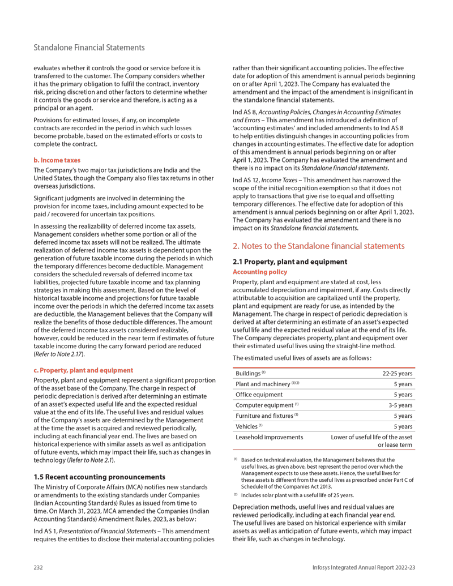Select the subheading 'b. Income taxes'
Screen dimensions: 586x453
point(57,160)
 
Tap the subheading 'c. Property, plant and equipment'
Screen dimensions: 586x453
point(83,370)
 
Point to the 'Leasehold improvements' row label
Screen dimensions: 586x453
point(268,437)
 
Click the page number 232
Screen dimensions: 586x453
point(39,567)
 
